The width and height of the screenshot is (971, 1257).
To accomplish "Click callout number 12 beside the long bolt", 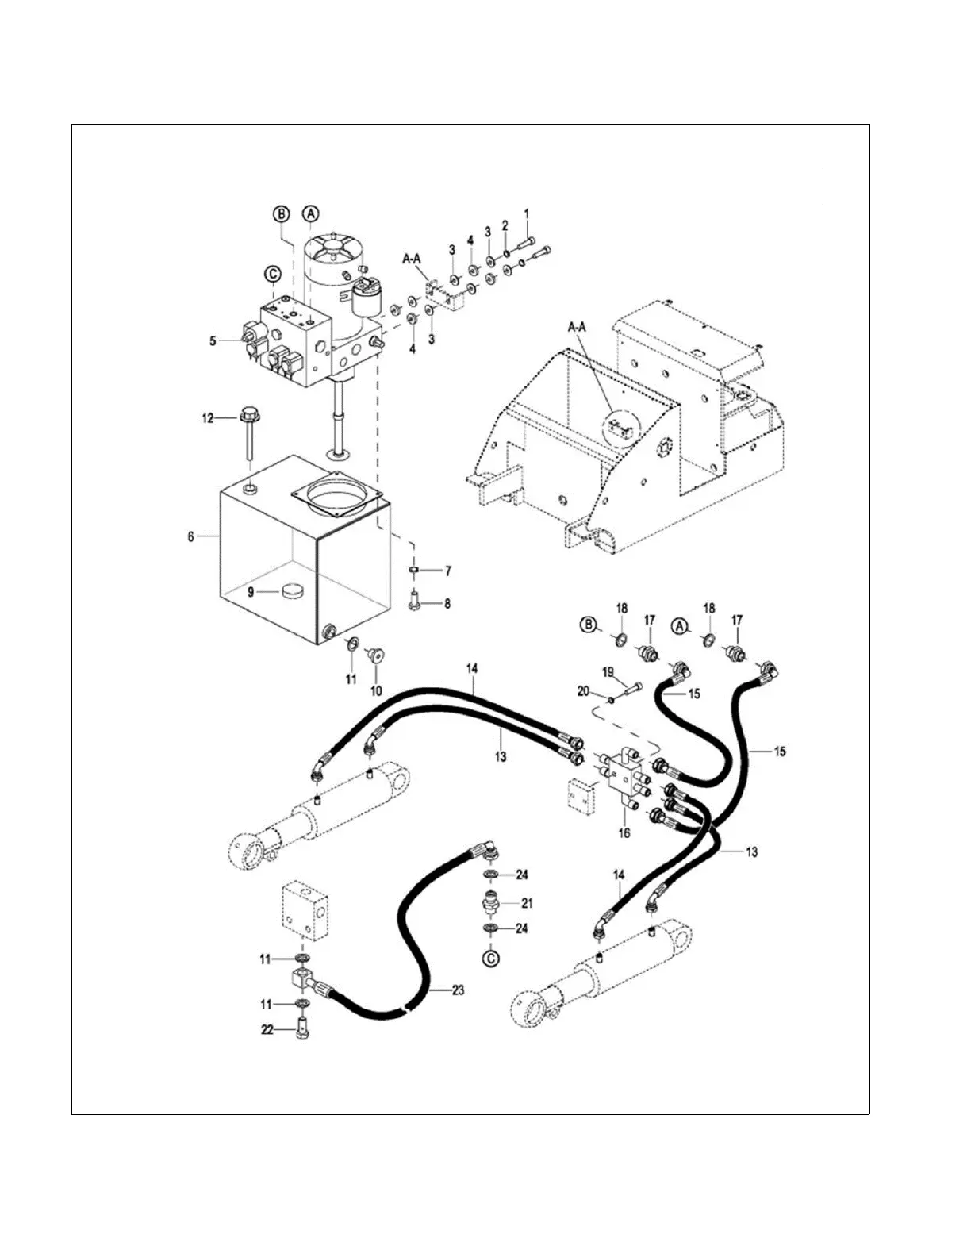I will point(207,418).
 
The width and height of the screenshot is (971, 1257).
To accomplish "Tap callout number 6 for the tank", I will point(190,536).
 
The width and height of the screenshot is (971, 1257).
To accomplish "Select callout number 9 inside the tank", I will point(250,591).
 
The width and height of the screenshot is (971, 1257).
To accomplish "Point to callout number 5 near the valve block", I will point(213,341).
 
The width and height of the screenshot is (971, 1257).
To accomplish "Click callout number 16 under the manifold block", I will point(624,832).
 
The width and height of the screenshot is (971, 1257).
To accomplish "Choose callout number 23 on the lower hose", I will point(458,990).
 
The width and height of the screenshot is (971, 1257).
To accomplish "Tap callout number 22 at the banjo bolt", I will point(267,1030).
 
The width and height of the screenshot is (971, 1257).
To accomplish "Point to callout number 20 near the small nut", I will point(583,691).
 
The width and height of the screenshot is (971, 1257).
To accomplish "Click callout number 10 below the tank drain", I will point(376,690).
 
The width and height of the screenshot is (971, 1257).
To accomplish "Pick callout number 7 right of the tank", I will point(447,571).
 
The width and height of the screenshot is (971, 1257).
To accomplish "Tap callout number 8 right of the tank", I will point(447,603).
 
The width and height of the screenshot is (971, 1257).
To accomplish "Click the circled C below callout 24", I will point(492,959).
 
